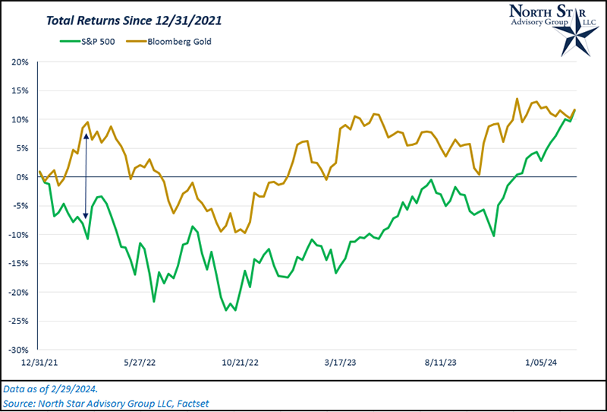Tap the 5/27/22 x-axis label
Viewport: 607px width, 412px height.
140,363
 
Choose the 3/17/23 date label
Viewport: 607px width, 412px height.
341,363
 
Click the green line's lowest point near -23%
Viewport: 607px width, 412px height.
227,310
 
